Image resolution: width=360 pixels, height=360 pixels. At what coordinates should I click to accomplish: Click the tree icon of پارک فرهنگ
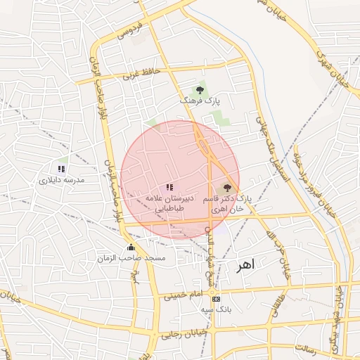pos(200,90)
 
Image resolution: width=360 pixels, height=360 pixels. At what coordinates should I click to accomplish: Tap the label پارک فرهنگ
pos(200,101)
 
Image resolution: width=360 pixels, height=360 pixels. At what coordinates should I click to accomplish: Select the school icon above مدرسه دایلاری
pos(61,169)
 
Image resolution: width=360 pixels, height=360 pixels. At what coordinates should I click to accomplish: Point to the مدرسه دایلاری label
pos(61,180)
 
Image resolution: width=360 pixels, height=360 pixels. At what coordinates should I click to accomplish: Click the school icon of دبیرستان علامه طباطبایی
pos(169,188)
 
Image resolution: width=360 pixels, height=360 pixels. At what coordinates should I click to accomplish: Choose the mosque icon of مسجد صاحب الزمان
pos(131,247)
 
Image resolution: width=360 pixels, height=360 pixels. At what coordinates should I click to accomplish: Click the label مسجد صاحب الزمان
pos(131,258)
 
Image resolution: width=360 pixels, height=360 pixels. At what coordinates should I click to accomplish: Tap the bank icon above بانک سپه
pos(215,298)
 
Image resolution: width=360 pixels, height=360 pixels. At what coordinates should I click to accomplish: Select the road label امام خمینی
pos(183,296)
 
